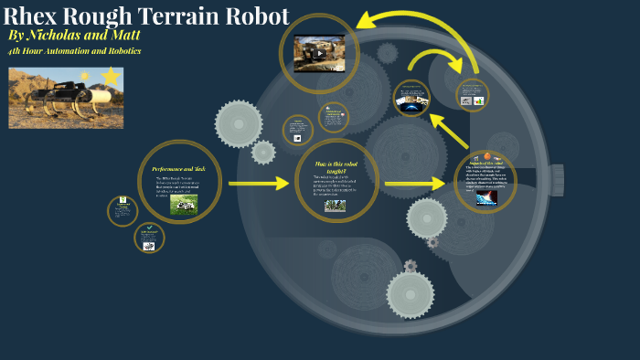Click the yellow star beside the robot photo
pos(111,77)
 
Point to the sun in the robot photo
pos(86,76)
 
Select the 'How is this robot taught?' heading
pos(337,166)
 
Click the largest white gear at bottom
pos(410,295)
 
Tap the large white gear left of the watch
pos(239,123)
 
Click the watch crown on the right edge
pos(556,180)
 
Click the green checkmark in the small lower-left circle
pos(149,228)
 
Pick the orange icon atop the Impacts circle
pos(487,156)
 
